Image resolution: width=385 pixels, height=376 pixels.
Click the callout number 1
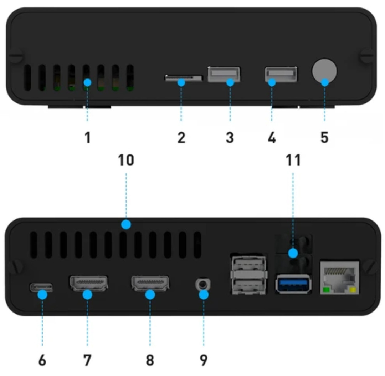(88, 137)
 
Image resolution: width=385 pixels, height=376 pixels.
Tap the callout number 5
(325, 137)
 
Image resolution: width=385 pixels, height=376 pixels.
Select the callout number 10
(126, 160)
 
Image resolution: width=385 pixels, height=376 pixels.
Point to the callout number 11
(293, 160)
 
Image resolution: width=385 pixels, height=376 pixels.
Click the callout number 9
(204, 360)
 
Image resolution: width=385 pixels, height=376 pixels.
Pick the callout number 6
(42, 360)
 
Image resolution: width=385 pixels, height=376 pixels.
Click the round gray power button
(324, 71)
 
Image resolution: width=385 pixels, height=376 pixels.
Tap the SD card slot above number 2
(184, 78)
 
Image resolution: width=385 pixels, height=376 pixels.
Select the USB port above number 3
(224, 74)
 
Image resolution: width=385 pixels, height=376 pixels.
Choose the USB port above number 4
(281, 74)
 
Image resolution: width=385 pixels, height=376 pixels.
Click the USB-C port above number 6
(41, 287)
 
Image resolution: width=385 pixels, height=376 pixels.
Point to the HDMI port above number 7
(89, 283)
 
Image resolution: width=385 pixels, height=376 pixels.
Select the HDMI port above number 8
(150, 283)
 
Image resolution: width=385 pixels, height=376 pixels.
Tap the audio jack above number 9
(203, 284)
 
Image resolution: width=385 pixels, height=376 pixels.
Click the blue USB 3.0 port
(293, 284)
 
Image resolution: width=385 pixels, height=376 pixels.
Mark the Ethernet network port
(339, 278)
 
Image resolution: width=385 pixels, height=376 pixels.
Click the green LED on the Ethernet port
(326, 290)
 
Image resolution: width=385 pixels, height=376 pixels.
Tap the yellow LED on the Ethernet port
(353, 290)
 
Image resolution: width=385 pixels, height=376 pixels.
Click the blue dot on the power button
(325, 82)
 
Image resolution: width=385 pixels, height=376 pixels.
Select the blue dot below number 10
(126, 224)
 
